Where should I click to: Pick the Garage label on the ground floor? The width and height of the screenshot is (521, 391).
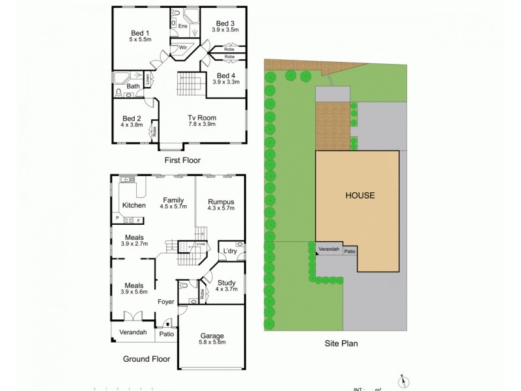[x=212, y=336]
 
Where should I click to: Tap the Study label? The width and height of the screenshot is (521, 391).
[x=227, y=282]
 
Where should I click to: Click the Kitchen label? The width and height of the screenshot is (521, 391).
[x=134, y=205]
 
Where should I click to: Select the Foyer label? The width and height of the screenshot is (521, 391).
[x=166, y=302]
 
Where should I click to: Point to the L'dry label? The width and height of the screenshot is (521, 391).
[x=229, y=251]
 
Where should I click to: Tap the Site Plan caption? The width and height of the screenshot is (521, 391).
[x=341, y=343]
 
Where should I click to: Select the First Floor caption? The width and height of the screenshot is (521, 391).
[x=182, y=160]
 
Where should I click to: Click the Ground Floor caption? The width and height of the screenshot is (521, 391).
[x=147, y=359]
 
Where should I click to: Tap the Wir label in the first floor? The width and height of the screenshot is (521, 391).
[x=183, y=48]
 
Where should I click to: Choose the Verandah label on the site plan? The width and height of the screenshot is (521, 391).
[x=328, y=250]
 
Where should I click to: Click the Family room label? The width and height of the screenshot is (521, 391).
[x=173, y=201]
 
